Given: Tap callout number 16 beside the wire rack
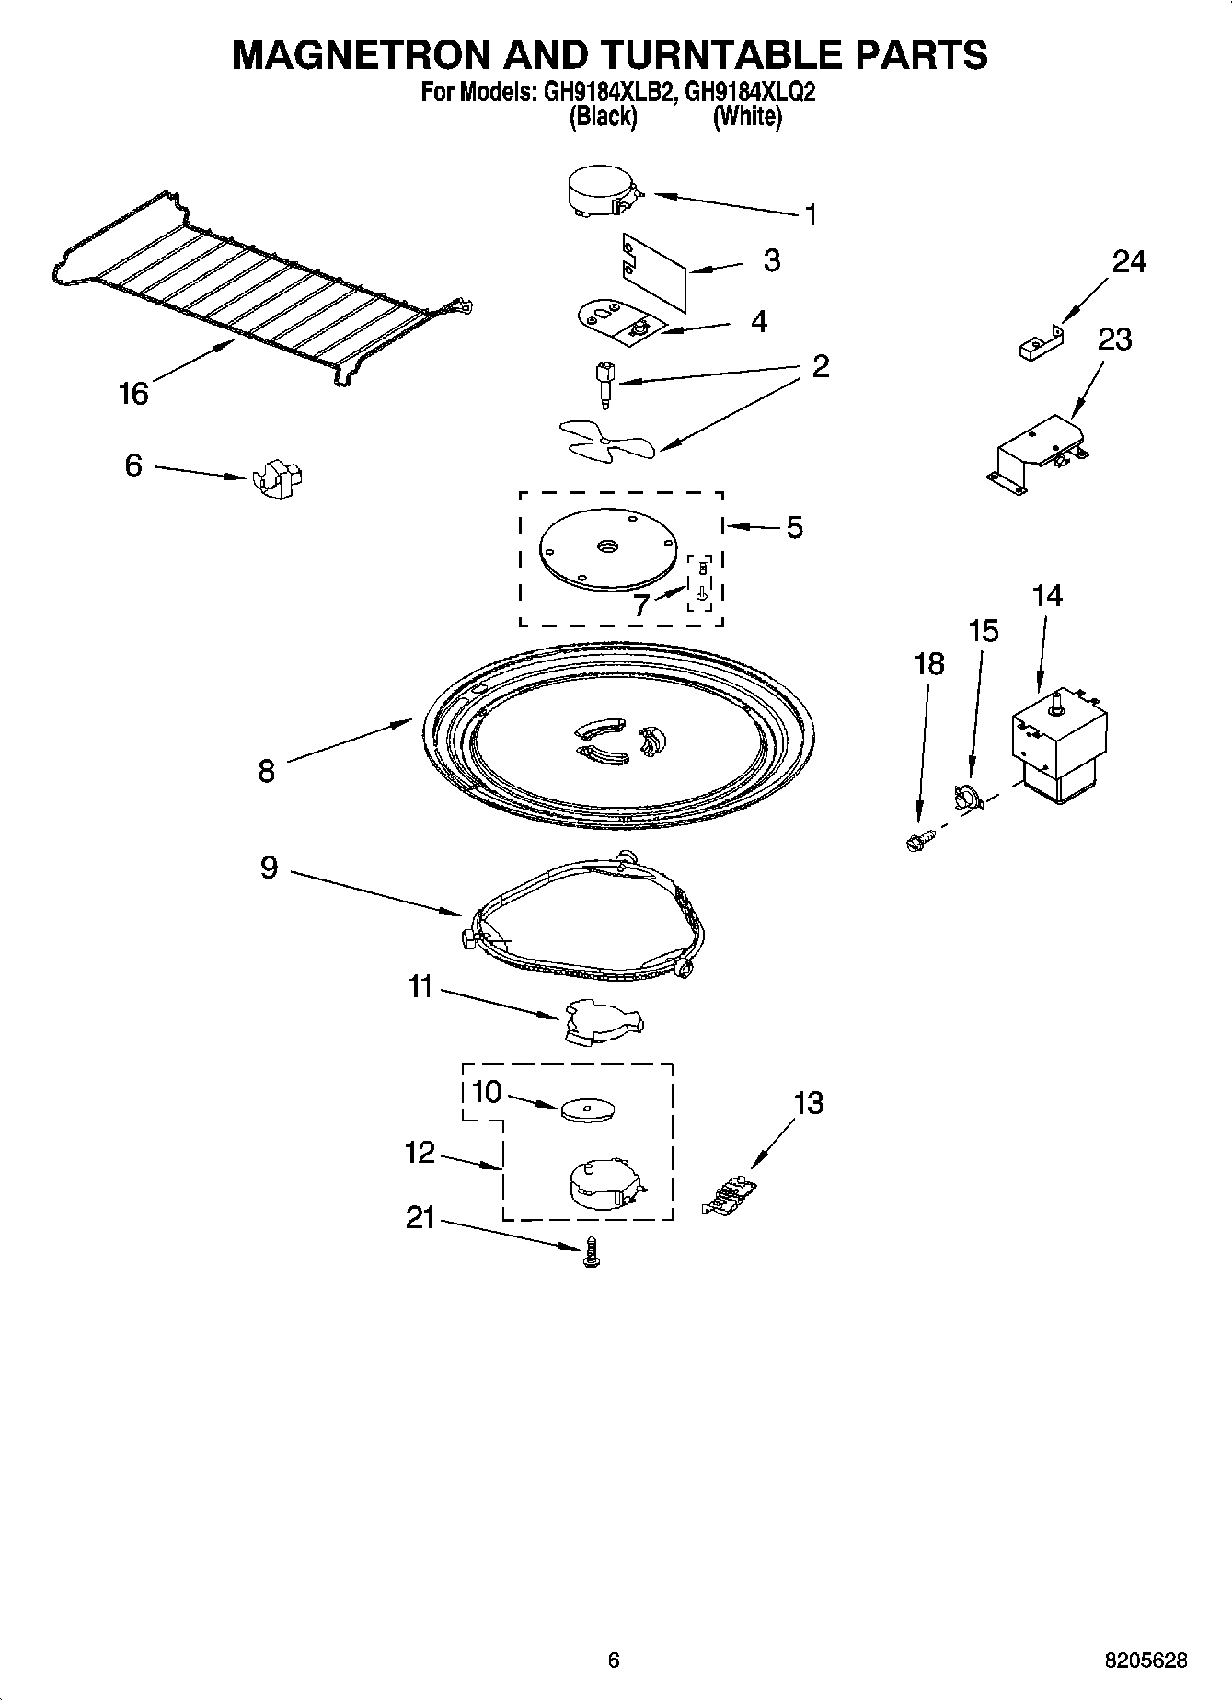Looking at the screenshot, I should click(x=133, y=394).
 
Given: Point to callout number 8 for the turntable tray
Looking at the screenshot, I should click(x=266, y=770).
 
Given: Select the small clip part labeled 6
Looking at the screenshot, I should click(x=277, y=477).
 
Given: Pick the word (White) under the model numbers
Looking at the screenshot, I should click(x=746, y=117).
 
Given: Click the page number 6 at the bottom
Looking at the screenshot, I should click(x=614, y=1661).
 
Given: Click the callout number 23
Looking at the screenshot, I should click(x=1114, y=339).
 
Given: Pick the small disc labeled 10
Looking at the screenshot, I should click(x=587, y=1109).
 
